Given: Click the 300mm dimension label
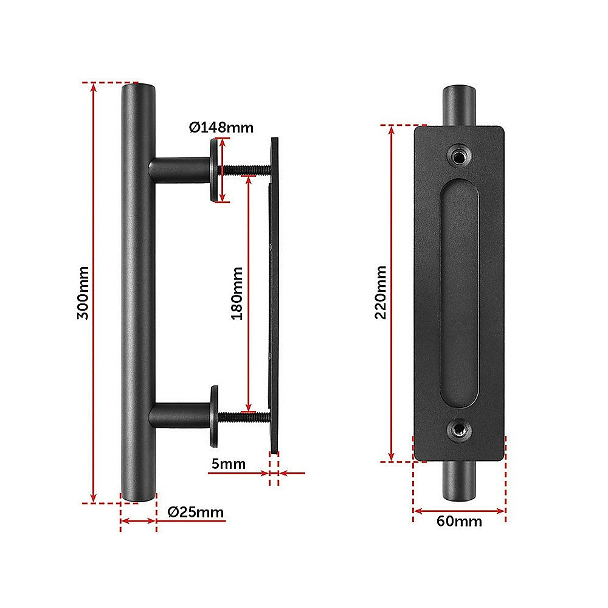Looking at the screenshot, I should click(83, 292).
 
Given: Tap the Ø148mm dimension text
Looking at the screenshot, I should click(221, 127).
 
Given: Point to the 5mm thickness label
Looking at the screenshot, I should click(229, 465).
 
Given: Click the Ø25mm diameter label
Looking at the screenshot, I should click(196, 512).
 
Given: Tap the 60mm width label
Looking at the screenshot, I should click(460, 521).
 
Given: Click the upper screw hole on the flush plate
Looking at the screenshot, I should click(458, 156).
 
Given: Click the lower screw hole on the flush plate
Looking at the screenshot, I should click(458, 430).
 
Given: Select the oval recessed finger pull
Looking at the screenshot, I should click(458, 293).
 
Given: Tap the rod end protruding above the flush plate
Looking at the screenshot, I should click(458, 106).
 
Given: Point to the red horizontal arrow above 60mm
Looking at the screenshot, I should click(459, 511).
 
